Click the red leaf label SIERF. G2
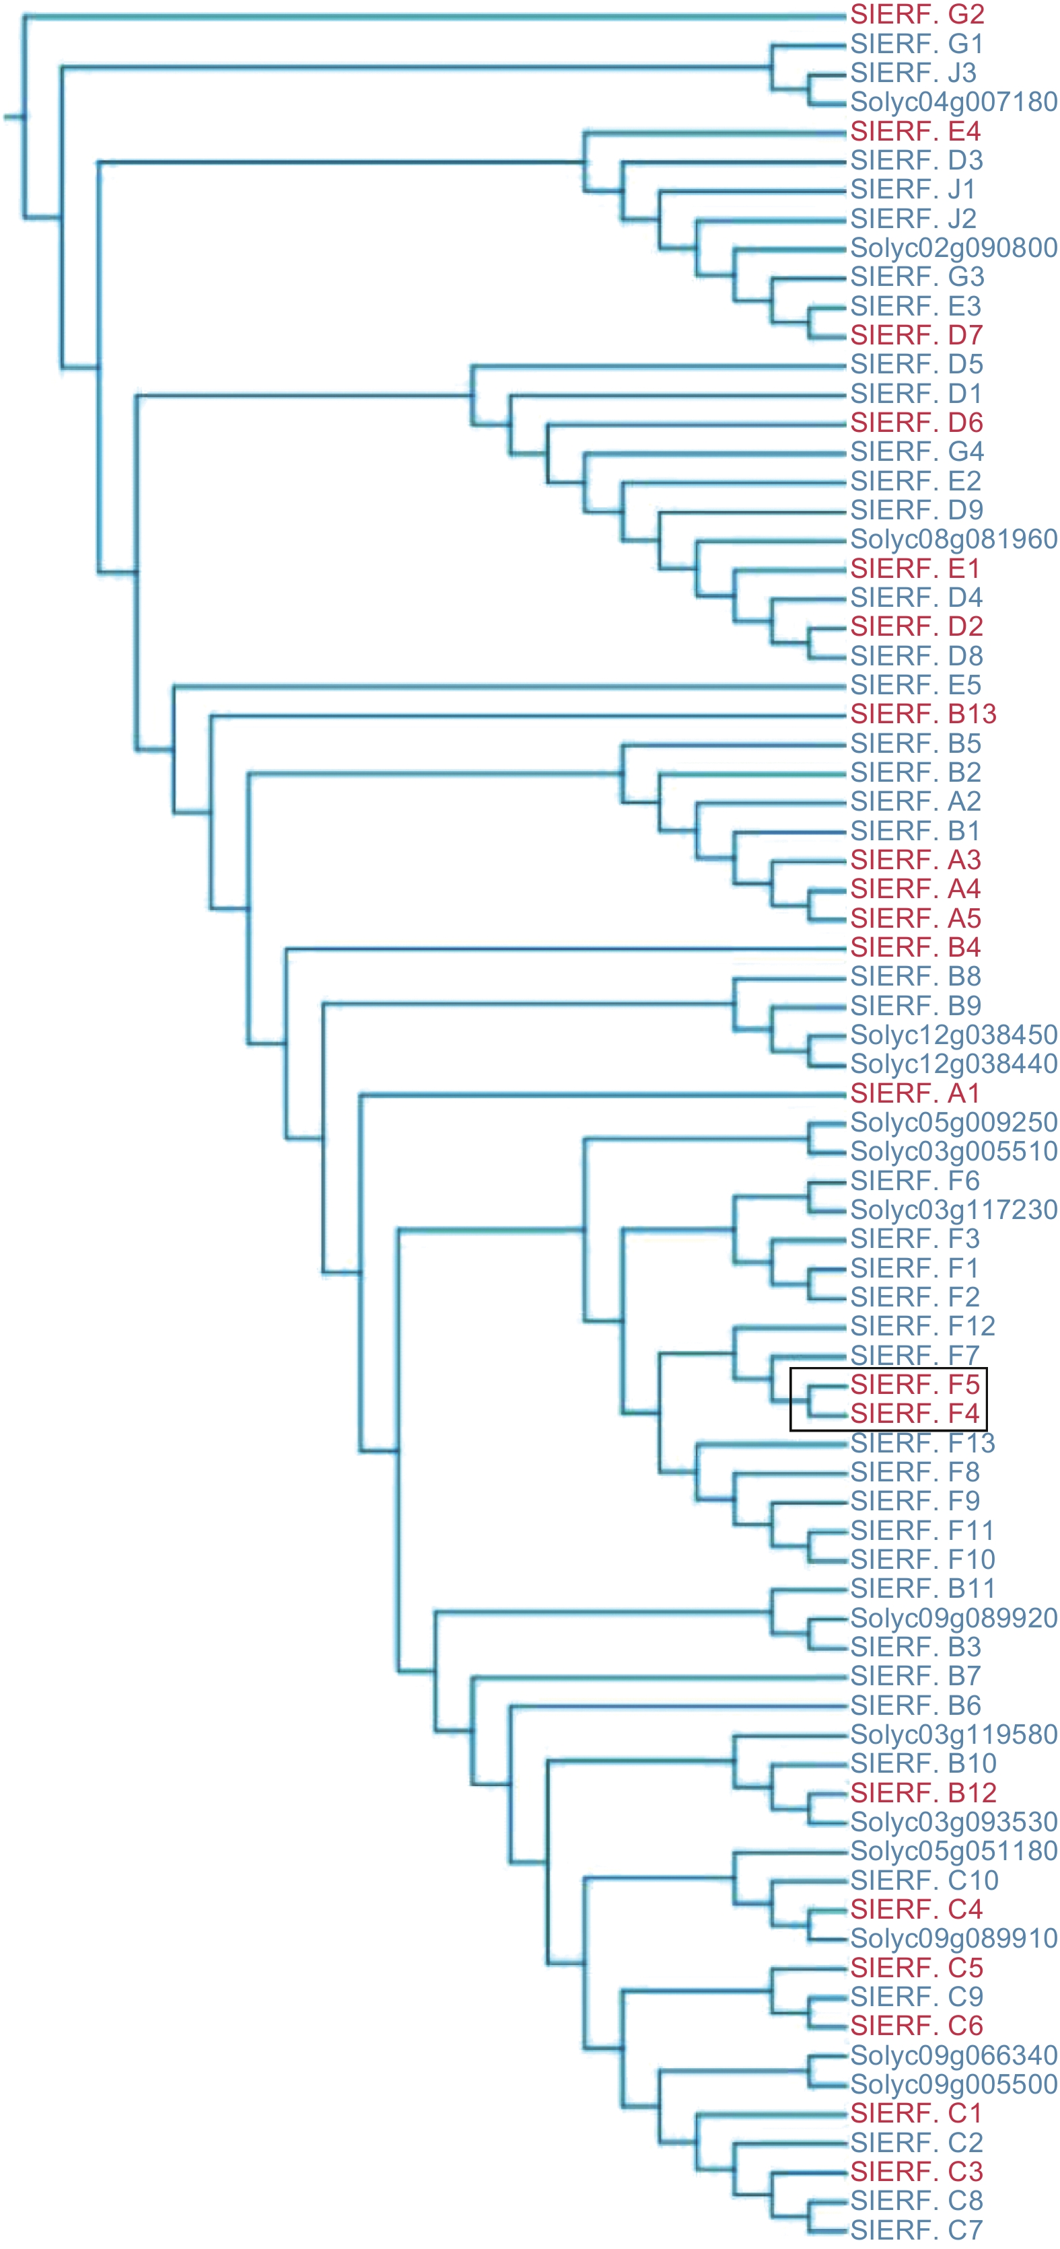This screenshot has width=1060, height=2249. point(917,15)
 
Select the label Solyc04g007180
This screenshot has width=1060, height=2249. point(954,102)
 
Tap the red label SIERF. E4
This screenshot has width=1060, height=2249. point(915,132)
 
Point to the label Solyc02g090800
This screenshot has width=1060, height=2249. point(954,248)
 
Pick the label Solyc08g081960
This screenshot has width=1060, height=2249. point(954,540)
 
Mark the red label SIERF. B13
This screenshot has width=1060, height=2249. point(923,714)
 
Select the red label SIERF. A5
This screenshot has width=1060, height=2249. point(915,918)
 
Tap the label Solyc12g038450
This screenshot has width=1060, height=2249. point(954,1035)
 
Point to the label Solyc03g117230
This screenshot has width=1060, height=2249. point(954,1210)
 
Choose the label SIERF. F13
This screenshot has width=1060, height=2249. point(922,1443)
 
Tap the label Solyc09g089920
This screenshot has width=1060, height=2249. point(954,1618)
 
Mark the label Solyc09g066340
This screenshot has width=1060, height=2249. point(954,2055)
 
